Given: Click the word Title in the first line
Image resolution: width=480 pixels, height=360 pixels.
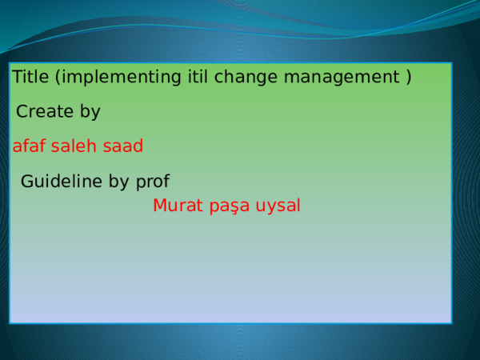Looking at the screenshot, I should coord(30,78).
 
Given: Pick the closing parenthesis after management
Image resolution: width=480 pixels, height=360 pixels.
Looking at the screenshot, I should coord(409,78).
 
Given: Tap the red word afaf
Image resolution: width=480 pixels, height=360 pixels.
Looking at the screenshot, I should coord(29,146).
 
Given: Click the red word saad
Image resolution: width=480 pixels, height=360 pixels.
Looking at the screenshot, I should coord(122,146).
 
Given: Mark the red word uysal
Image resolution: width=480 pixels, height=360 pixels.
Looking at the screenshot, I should coord(278,206).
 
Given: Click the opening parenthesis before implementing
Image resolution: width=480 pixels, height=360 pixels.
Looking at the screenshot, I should coord(58,78).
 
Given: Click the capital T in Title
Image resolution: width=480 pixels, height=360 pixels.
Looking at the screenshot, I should coord(17,78).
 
